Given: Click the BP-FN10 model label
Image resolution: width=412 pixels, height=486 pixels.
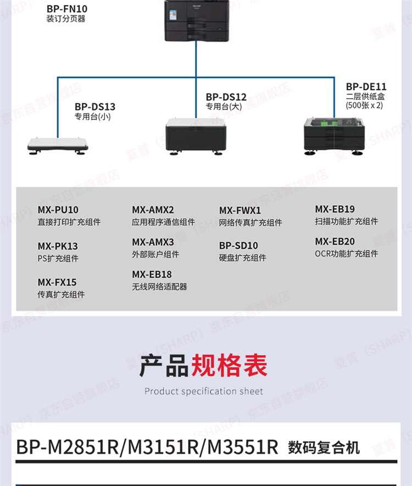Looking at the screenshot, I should coord(66,9).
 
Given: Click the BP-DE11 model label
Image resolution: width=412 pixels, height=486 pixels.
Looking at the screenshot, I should coord(366,87).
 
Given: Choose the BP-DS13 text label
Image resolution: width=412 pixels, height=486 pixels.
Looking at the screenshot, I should coord(95,107).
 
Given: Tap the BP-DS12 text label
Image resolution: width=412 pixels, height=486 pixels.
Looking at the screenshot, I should coord(226,97).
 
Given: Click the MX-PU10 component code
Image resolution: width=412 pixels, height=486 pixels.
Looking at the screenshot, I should coord(58,210).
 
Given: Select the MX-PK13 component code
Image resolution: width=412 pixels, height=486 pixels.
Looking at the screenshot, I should coord(58,247).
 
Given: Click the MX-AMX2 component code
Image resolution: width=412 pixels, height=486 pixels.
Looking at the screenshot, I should coord(153,210).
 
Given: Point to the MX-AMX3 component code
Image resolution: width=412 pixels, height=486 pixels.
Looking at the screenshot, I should coord(153,242).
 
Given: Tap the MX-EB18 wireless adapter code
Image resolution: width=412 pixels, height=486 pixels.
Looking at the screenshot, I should coord(152,275).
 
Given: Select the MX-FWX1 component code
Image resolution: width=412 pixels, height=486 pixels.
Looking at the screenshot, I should coord(240,210).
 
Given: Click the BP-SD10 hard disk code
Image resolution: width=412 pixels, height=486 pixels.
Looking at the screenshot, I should coord(238,245).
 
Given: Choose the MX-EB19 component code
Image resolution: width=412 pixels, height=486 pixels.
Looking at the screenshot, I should coord(335,209).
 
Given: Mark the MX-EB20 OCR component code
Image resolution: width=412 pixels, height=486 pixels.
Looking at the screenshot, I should coord(335,242).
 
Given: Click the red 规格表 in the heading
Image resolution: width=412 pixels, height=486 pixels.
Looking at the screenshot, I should coord(229,366).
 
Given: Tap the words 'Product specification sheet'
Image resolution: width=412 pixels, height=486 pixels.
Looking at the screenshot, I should coord(204,392).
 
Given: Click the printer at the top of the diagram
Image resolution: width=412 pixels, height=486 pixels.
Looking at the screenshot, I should coord(197,21).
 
